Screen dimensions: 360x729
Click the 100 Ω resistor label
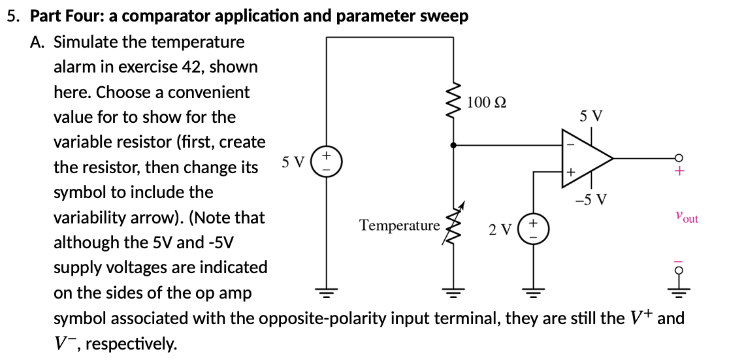[487, 102]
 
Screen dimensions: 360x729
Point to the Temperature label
[400, 226]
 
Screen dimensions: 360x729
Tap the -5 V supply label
[591, 199]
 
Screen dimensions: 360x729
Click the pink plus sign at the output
[679, 172]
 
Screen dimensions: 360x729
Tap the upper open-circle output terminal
[679, 158]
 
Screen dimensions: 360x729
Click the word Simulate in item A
[81, 42]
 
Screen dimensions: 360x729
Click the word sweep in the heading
[447, 16]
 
